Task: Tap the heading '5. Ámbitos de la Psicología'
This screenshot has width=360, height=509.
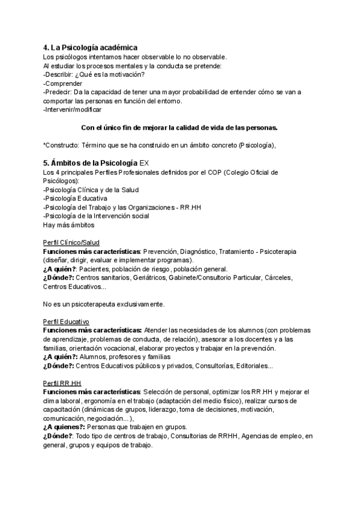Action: tap(90, 163)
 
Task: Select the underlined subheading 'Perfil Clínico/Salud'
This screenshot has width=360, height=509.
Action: tap(71, 242)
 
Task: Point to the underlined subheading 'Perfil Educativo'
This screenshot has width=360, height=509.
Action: tap(66, 322)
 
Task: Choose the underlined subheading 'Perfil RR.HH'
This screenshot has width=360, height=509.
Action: tap(62, 384)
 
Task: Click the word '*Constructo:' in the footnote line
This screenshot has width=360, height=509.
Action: tap(62, 145)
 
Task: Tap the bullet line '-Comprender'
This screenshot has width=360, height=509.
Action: tap(62, 83)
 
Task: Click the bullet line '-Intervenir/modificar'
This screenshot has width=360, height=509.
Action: tap(73, 110)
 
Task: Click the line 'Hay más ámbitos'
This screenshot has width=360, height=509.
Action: tap(68, 224)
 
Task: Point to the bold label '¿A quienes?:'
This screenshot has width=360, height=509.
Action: tap(64, 427)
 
